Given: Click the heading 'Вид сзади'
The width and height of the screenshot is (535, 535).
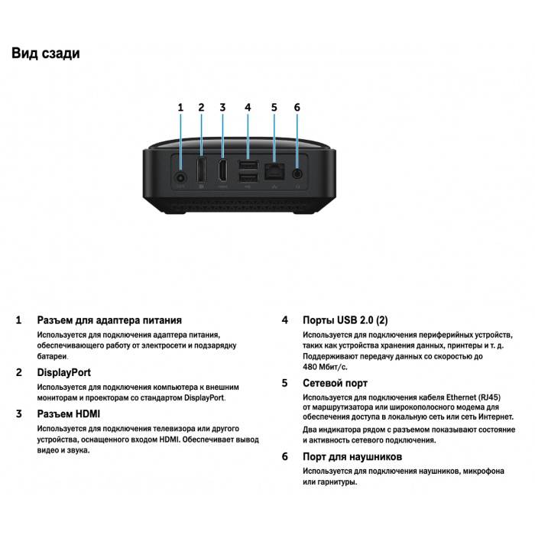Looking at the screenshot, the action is pyautogui.click(x=46, y=53).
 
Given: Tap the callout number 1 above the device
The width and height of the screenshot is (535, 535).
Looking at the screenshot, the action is pyautogui.click(x=180, y=108).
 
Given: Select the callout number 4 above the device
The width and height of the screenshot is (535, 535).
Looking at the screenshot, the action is pyautogui.click(x=248, y=108).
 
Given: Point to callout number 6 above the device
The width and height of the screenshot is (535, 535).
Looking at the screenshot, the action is pyautogui.click(x=297, y=108).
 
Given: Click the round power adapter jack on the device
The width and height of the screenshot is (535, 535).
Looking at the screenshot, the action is pyautogui.click(x=181, y=177).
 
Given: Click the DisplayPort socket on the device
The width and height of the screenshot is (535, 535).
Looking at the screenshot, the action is pyautogui.click(x=201, y=170).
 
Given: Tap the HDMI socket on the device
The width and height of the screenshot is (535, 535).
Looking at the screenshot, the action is pyautogui.click(x=223, y=170).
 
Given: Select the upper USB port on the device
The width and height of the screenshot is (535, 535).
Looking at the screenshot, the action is pyautogui.click(x=248, y=166).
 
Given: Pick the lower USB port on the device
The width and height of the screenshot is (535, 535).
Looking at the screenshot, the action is pyautogui.click(x=248, y=178).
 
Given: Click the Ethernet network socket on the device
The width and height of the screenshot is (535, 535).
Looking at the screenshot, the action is pyautogui.click(x=274, y=172).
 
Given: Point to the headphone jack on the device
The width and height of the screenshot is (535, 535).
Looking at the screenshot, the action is pyautogui.click(x=297, y=173).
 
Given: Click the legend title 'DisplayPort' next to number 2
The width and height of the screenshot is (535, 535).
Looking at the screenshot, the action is pyautogui.click(x=63, y=372).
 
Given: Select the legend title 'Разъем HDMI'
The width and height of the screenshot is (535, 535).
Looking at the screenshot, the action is pyautogui.click(x=69, y=414).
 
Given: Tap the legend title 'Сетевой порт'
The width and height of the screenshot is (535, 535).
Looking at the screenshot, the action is pyautogui.click(x=335, y=383).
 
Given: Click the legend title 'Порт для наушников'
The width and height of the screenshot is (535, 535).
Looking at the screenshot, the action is pyautogui.click(x=352, y=456).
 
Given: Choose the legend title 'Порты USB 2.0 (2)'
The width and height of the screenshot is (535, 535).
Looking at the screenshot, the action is pyautogui.click(x=345, y=320).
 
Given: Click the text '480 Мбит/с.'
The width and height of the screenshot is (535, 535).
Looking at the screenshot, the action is pyautogui.click(x=325, y=367).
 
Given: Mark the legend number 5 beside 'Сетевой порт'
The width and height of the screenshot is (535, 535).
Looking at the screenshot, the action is pyautogui.click(x=285, y=383).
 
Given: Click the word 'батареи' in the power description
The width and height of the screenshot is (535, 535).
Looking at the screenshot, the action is pyautogui.click(x=52, y=357).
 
